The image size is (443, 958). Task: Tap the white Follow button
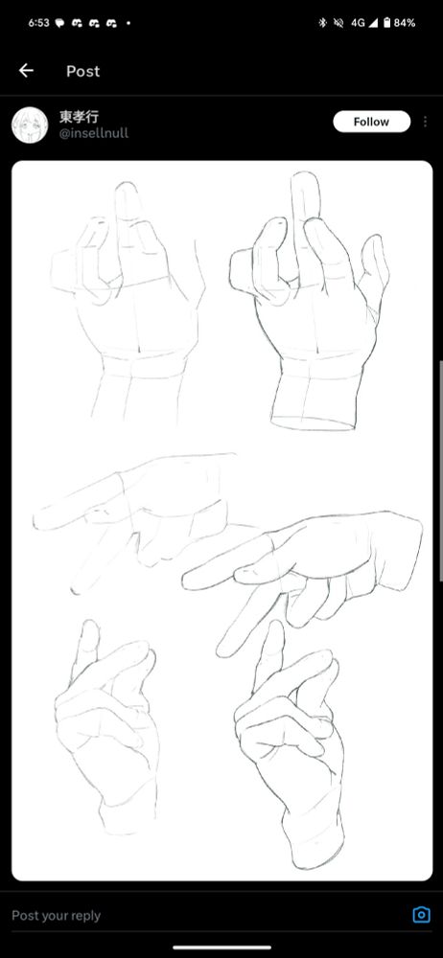pos(371,122)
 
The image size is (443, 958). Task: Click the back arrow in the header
pos(26,71)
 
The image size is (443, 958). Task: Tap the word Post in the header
pos(82,72)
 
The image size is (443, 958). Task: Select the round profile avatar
pos(30,125)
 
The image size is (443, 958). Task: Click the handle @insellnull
pos(94,133)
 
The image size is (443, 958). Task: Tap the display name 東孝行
pos(79,116)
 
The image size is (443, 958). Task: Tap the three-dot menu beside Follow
pos(425,122)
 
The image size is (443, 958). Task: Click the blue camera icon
pos(421,915)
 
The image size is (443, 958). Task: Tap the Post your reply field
pos(57,915)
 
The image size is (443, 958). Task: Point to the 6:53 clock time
pos(38,23)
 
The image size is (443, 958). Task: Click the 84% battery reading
pos(405,23)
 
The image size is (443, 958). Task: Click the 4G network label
pos(358,23)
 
